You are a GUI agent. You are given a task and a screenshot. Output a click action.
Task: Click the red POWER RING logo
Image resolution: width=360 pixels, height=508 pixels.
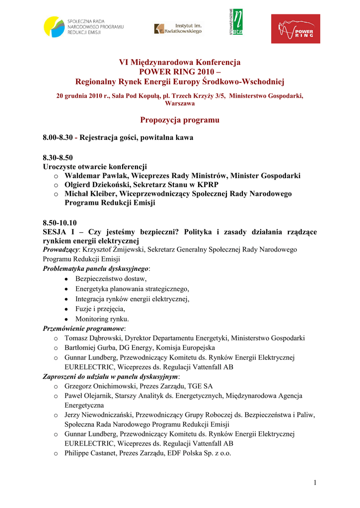295,29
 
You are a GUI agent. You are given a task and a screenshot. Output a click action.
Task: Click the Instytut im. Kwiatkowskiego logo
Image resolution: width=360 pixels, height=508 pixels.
178,29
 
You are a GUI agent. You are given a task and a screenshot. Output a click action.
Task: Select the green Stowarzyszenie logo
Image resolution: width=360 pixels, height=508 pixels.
236,22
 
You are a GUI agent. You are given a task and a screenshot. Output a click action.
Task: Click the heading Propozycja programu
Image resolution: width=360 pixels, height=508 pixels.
179,120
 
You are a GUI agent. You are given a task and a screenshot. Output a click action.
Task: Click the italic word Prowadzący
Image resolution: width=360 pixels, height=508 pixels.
60,250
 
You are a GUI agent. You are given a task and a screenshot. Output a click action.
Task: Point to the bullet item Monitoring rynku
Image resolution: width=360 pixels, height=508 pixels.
102,318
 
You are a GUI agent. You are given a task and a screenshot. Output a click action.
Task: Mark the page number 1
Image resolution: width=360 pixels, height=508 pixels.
315,483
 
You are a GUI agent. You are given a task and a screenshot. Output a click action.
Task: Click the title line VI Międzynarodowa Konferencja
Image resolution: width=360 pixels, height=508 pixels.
179,63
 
